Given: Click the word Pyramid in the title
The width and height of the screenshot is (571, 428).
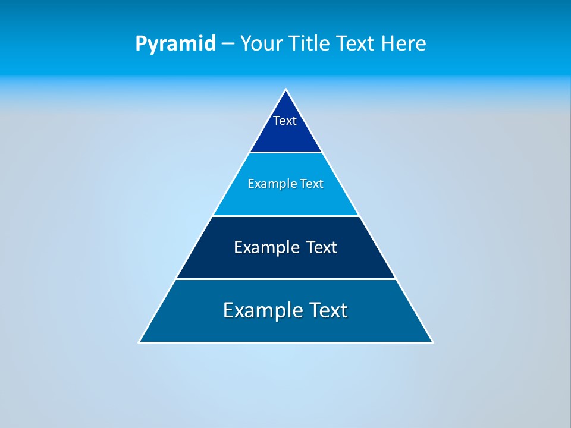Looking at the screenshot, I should (175, 44).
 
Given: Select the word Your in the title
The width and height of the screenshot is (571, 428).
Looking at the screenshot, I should (263, 43).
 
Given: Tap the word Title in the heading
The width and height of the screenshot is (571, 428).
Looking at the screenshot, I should (310, 43).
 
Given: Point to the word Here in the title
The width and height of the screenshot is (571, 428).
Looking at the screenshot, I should (404, 43).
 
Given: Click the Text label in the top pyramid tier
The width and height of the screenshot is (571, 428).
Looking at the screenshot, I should (285, 121).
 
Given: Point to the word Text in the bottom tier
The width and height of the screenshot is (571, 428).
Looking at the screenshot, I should (324, 310).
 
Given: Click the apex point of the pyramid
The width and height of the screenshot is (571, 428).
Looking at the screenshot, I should (285, 90).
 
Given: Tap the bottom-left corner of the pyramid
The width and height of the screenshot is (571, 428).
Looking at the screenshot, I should (140, 342).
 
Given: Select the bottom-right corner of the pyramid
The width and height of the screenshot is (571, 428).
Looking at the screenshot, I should (432, 342).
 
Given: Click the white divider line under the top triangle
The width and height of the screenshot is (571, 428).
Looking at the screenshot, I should (285, 153).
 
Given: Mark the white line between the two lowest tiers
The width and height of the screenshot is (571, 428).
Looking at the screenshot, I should (285, 279).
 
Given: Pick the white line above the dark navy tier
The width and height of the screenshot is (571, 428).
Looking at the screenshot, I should (285, 216).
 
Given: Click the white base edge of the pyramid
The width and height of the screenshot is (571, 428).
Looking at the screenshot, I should (285, 342).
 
